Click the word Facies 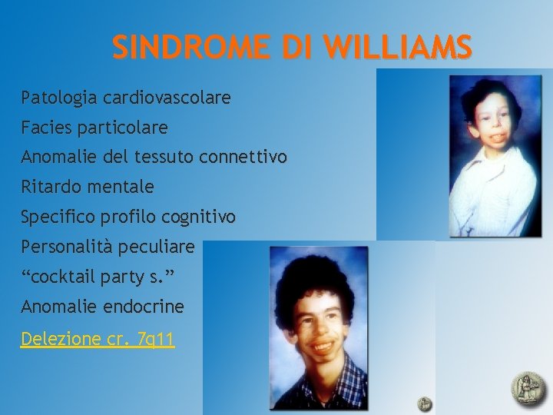pos(48,127)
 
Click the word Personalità pos(66,247)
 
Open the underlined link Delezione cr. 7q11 pos(98,339)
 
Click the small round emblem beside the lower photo pos(425,403)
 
